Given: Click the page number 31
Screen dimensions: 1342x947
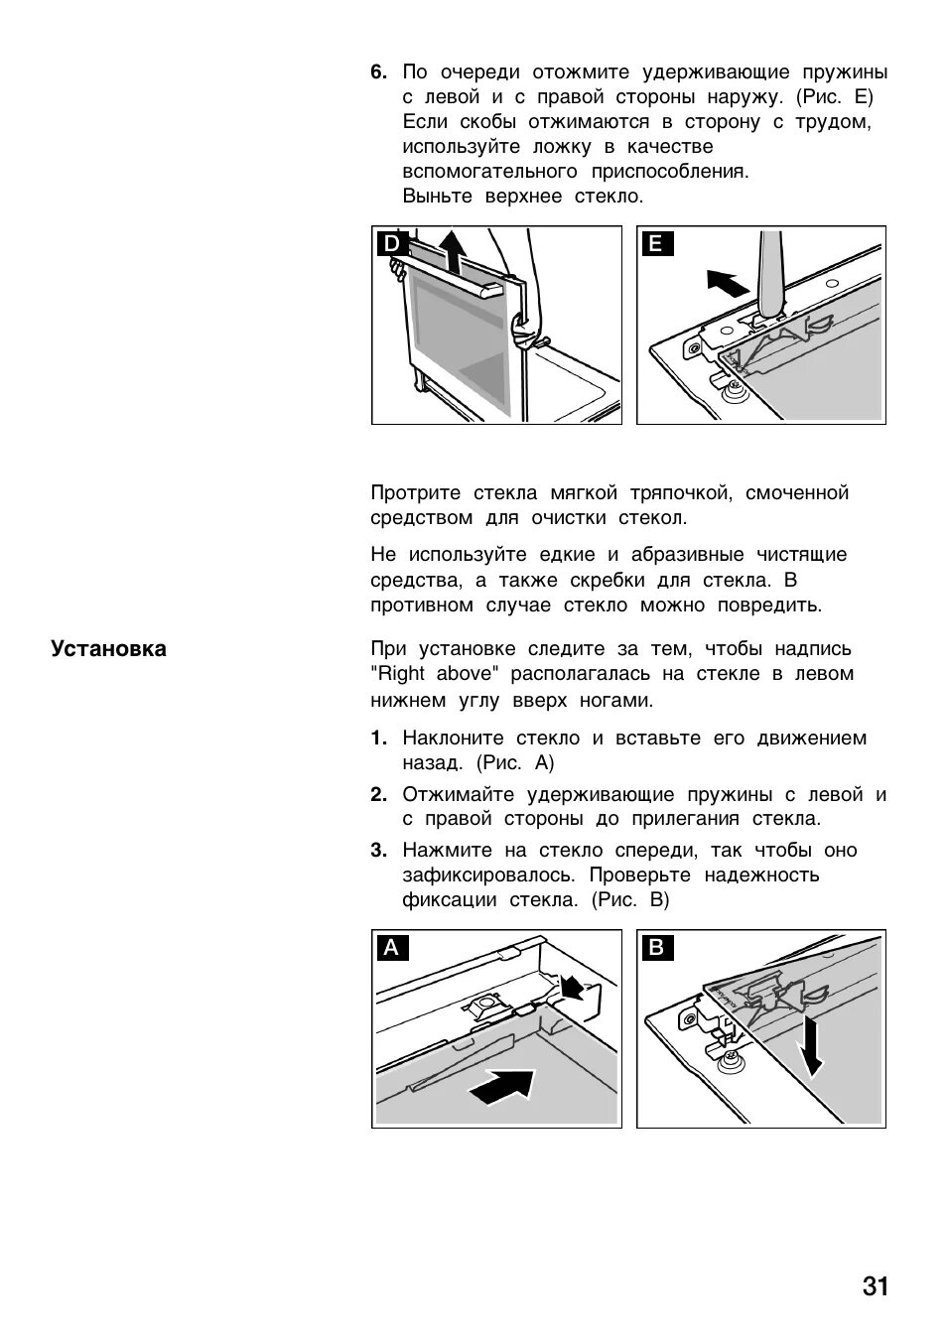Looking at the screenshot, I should point(875,1286).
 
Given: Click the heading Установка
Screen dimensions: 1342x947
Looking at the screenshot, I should point(109,649).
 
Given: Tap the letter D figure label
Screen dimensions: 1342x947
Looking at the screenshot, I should point(392,244).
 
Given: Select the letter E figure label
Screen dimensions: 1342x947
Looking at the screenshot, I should point(656,244).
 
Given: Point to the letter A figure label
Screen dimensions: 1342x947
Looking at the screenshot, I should point(391,948).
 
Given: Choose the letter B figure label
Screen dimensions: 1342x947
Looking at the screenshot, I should point(656,948).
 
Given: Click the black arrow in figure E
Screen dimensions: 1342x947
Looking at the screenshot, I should point(728,283).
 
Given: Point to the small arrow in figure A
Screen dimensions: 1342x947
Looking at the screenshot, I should point(571,986).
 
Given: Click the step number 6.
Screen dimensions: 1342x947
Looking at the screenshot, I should point(378,72).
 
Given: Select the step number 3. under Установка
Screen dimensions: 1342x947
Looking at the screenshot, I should point(378,851).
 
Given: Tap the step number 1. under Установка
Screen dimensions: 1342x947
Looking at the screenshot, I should point(378,738).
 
